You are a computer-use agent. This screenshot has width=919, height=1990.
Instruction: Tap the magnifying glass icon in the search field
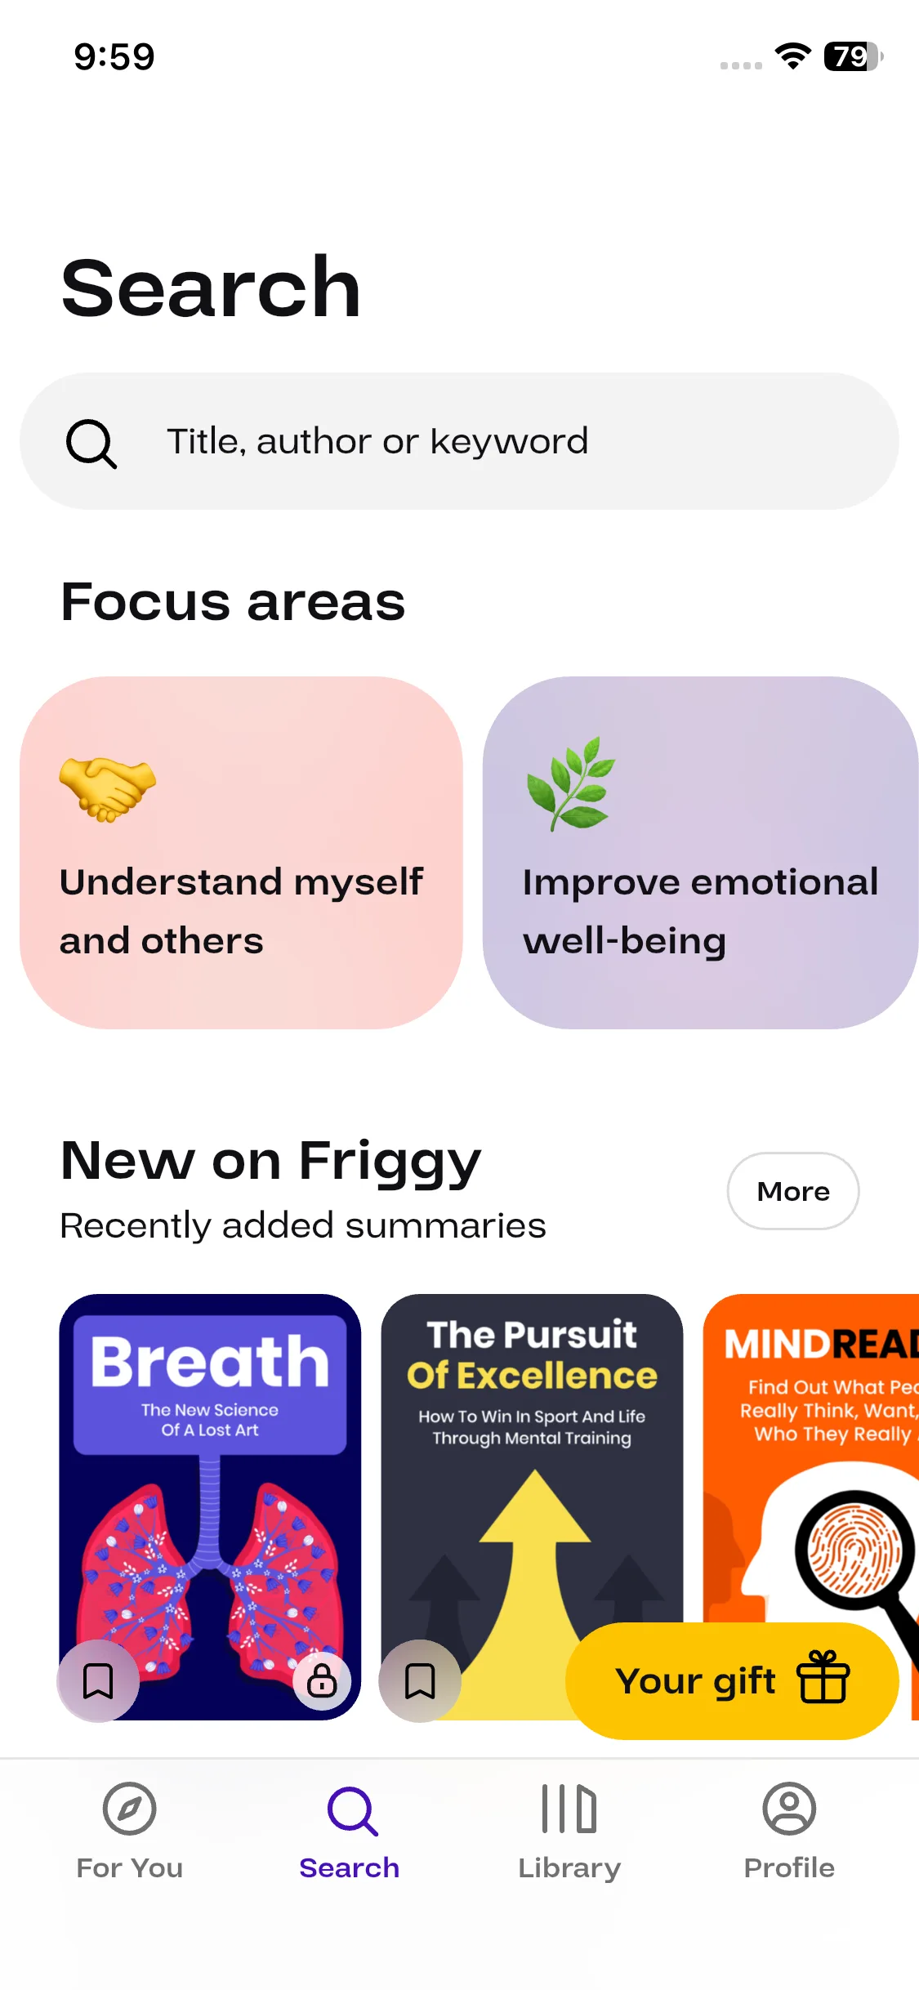coord(91,444)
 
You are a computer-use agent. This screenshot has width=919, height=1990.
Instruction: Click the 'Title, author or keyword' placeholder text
coord(377,441)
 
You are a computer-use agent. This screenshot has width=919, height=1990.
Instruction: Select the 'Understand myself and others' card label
coord(242,911)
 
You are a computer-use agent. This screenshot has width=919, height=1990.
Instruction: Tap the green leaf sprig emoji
coord(571,783)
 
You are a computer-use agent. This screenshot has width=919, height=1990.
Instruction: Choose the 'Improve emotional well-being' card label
coord(701,911)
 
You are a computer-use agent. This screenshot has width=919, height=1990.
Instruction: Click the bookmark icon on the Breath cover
coord(98,1680)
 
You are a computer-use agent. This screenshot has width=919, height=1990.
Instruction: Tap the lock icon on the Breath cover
coord(322,1680)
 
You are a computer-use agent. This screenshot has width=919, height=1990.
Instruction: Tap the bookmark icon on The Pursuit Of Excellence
coord(420,1680)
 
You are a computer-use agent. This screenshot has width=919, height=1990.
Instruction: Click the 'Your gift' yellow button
coord(732,1680)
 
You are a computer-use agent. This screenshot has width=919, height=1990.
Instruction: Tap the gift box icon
coord(823,1676)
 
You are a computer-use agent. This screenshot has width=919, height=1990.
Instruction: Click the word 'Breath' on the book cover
coord(210,1363)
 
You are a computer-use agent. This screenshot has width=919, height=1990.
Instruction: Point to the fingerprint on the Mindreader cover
coord(854,1550)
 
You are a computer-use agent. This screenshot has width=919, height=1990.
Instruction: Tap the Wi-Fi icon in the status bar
coord(792,56)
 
